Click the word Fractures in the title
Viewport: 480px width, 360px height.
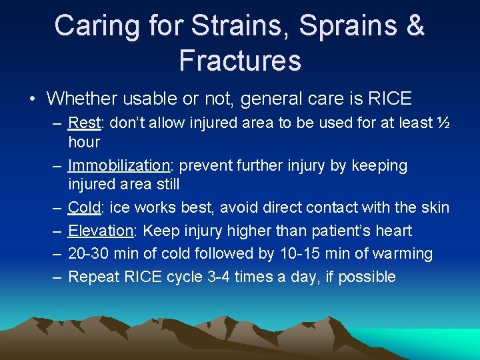tap(240, 60)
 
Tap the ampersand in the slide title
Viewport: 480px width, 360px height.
tap(414, 26)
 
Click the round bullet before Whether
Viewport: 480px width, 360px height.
tap(33, 99)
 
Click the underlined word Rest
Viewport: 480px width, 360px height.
tap(83, 123)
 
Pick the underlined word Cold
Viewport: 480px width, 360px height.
tap(84, 207)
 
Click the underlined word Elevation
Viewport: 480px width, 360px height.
tap(101, 231)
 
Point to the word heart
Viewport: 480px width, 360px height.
tap(393, 231)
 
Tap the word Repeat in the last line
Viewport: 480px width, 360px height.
tap(94, 277)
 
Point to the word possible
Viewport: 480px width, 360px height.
tap(367, 277)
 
